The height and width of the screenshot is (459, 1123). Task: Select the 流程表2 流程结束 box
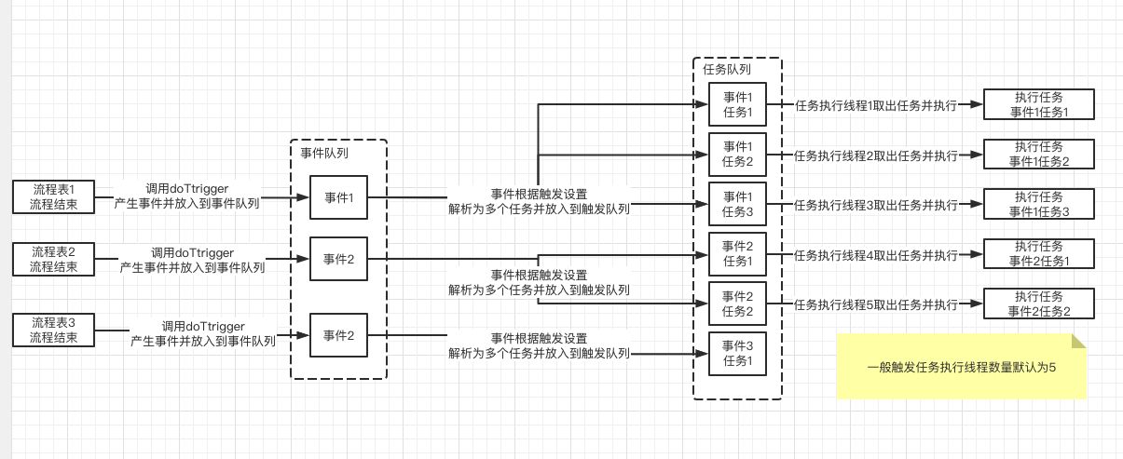coord(53,259)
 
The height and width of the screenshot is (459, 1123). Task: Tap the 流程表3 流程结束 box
coord(52,331)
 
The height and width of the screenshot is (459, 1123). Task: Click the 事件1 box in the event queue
coord(338,197)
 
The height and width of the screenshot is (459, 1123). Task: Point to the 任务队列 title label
coord(727,69)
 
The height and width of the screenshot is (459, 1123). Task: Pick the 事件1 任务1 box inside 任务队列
coord(737,105)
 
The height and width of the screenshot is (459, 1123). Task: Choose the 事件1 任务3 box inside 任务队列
coord(737,205)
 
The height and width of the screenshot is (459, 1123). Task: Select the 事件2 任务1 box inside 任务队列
coord(737,254)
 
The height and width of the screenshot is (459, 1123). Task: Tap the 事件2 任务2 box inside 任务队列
coord(737,304)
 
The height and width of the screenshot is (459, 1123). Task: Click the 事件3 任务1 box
coord(737,354)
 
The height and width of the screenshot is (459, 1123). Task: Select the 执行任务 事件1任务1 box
coord(1039,104)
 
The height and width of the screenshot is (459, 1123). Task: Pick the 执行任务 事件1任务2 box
coord(1039,154)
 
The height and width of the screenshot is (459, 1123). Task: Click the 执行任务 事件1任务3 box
coord(1039,204)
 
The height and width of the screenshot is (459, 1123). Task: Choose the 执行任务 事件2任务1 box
coord(1039,253)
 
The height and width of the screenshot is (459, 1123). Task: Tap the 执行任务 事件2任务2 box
coord(1039,304)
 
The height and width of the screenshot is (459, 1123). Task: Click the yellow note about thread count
coord(961,367)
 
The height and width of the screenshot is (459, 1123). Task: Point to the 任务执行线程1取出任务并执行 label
coord(875,106)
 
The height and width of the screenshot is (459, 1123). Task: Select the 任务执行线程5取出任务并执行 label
coord(875,304)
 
